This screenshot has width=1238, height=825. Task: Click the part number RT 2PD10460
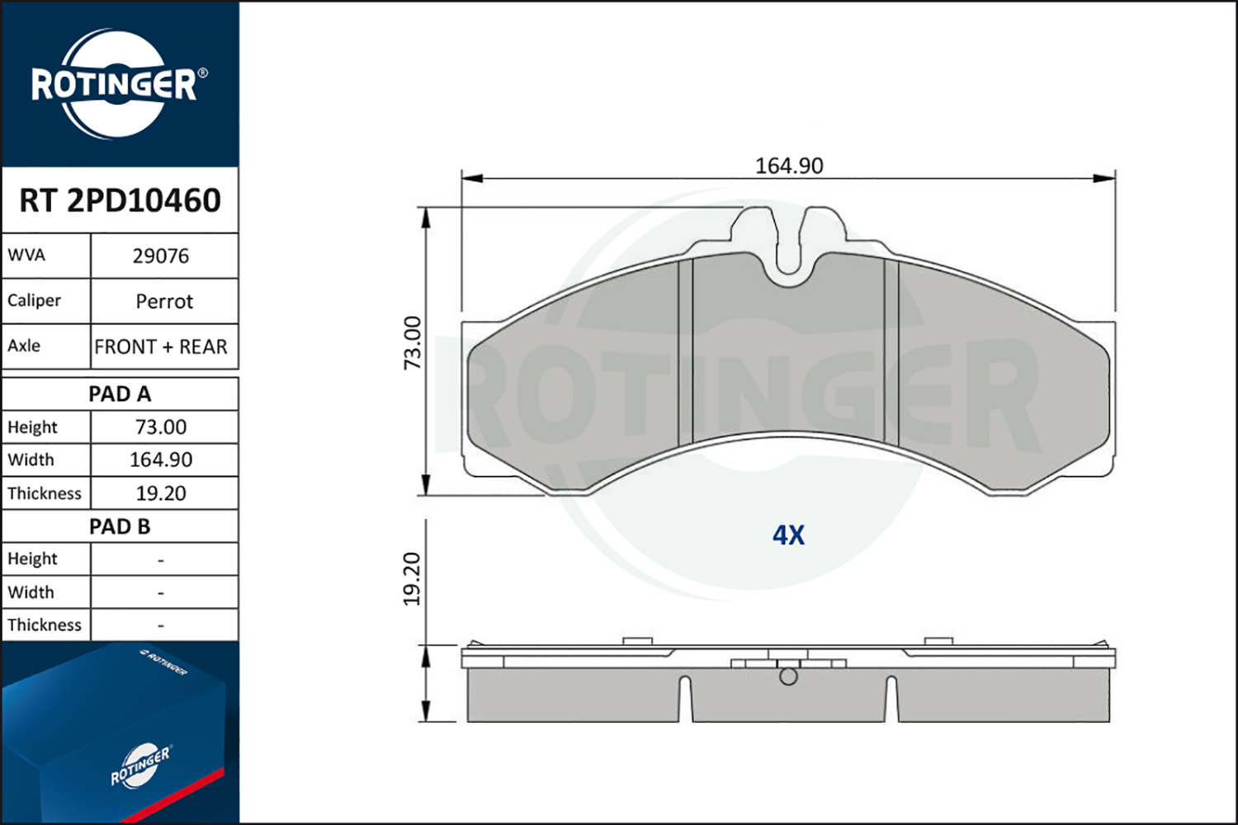120,200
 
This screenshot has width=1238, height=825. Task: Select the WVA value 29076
161,256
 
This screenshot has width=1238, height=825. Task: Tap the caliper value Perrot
164,301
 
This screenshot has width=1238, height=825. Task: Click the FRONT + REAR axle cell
161,346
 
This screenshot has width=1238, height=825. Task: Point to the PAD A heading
120,394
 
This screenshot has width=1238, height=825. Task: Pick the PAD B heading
120,526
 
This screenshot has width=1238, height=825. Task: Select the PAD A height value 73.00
161,427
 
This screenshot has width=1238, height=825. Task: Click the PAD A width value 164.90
161,460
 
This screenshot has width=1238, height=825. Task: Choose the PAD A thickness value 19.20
161,493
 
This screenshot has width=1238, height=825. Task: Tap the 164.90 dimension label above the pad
789,166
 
